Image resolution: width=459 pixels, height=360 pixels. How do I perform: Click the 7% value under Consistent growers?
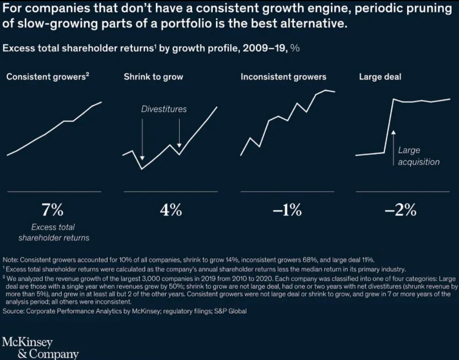click(x=53, y=211)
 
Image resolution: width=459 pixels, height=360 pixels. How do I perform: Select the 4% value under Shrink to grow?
click(x=170, y=211)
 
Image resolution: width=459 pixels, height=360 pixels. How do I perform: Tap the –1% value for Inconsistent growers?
click(x=287, y=211)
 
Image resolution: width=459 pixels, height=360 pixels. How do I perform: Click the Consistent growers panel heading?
click(x=48, y=77)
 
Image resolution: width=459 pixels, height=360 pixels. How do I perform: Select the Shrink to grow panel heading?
click(x=153, y=77)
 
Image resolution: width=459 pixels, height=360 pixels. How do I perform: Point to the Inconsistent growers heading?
click(x=283, y=77)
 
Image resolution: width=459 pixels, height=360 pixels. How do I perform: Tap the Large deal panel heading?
click(x=380, y=77)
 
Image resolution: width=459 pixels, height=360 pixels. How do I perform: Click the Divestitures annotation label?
click(x=164, y=109)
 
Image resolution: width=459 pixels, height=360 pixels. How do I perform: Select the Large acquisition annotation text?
click(x=418, y=156)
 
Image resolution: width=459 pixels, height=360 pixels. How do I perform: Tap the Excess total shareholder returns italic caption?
click(x=54, y=232)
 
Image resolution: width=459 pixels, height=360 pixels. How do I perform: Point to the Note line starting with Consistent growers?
click(x=188, y=260)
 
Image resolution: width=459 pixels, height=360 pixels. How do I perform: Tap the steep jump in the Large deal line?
click(x=389, y=125)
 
